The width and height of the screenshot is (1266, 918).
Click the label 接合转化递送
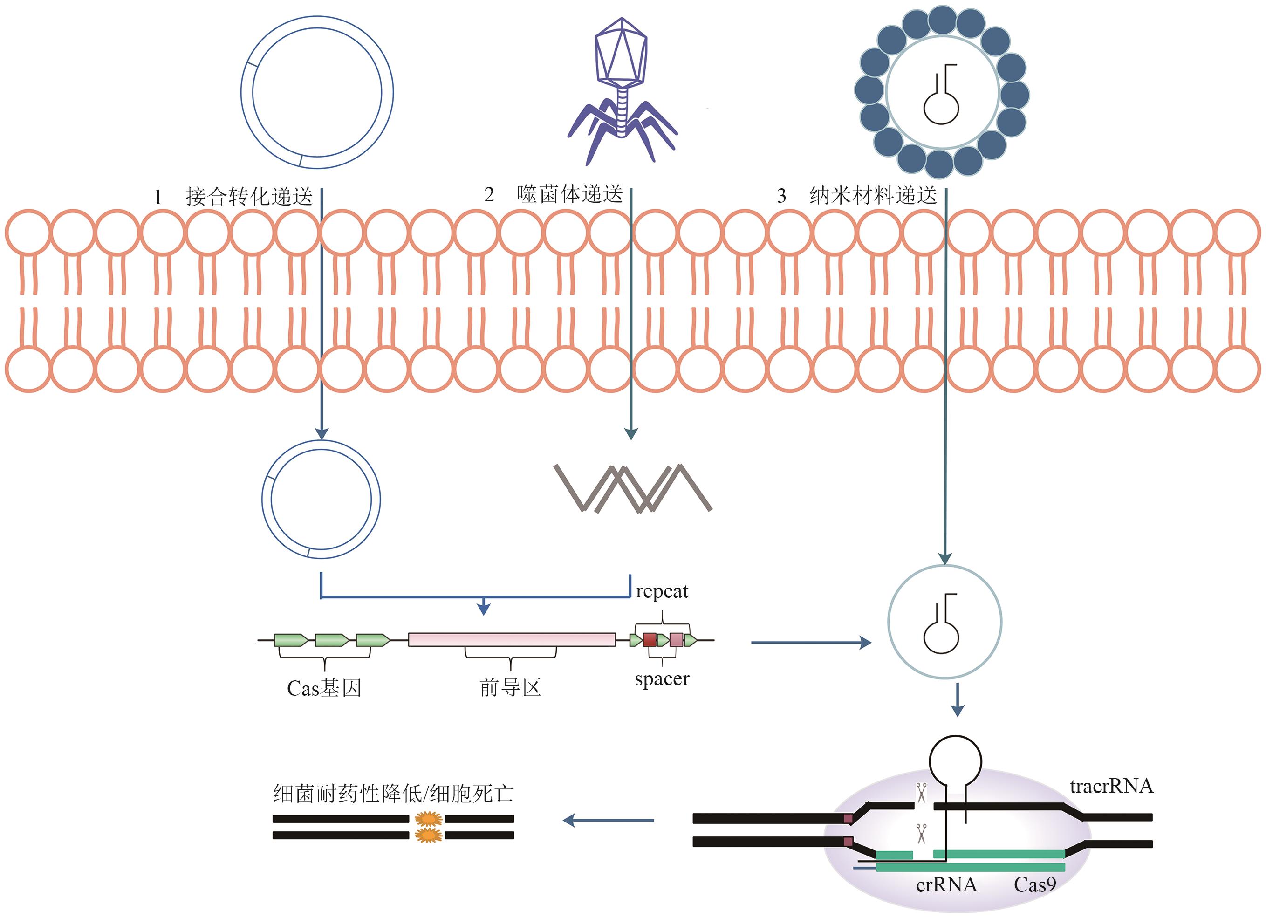[249, 197]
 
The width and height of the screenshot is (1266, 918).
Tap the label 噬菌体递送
[569, 194]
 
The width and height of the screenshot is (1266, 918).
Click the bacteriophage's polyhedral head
[621, 53]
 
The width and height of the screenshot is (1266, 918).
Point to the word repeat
[662, 591]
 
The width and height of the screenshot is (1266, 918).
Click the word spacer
[662, 679]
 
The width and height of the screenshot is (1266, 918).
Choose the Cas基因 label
[324, 688]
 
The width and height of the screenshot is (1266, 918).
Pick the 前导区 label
[510, 687]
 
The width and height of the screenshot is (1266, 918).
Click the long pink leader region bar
[511, 639]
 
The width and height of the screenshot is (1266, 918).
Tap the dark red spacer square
[649, 640]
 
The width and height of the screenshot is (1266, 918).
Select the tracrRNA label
[1111, 786]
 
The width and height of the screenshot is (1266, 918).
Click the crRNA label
[946, 884]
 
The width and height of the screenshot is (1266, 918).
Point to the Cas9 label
[1034, 884]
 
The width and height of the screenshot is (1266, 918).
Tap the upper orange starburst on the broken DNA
[428, 819]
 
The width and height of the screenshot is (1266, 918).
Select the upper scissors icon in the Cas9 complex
[921, 792]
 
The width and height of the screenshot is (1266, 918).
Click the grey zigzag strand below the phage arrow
[632, 487]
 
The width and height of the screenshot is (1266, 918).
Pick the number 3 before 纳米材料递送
[781, 196]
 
